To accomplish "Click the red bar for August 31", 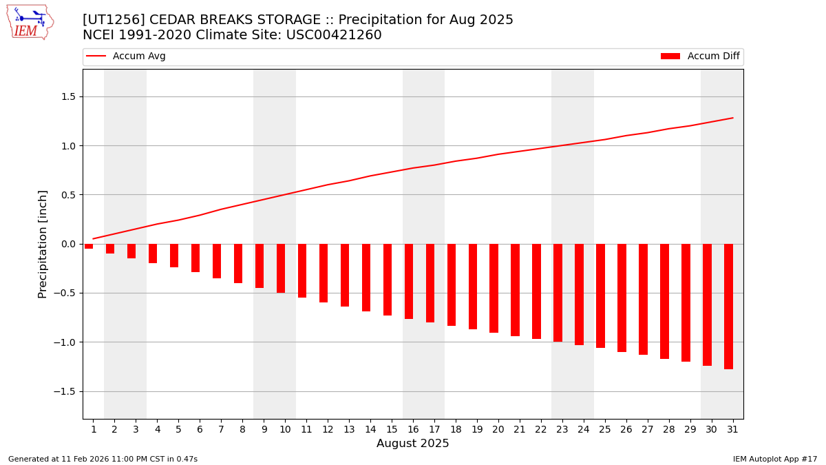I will [728, 307].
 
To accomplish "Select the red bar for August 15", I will [388, 280].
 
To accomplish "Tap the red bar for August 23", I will [558, 293].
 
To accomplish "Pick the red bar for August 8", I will [238, 263].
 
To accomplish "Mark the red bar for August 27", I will [643, 299].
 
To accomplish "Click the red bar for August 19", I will [473, 287].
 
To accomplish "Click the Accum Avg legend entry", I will [127, 56].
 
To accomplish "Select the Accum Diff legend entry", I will [700, 56].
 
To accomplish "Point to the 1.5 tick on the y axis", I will [67, 96].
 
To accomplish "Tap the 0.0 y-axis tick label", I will [67, 244].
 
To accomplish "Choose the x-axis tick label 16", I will [413, 429].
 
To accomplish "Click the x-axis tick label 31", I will [732, 429].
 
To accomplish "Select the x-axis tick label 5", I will [178, 429].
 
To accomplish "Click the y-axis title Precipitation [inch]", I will [43, 244].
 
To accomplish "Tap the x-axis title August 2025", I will [413, 444].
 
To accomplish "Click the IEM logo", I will [30, 22].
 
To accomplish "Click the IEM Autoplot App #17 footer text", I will [775, 459].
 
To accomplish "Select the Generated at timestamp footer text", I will [103, 459].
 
